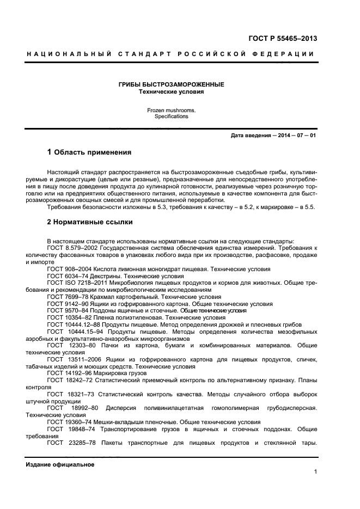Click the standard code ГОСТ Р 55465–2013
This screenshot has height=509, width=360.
click(x=283, y=39)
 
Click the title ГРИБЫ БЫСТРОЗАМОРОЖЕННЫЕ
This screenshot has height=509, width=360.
click(x=171, y=85)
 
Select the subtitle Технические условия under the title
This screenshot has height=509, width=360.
click(x=171, y=92)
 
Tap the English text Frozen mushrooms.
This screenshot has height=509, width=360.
click(x=171, y=110)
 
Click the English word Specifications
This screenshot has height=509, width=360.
click(x=171, y=116)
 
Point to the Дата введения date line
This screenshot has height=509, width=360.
click(x=273, y=135)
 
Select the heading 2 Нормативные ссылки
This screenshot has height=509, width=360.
click(x=90, y=222)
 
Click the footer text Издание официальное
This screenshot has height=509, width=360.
click(x=60, y=464)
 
